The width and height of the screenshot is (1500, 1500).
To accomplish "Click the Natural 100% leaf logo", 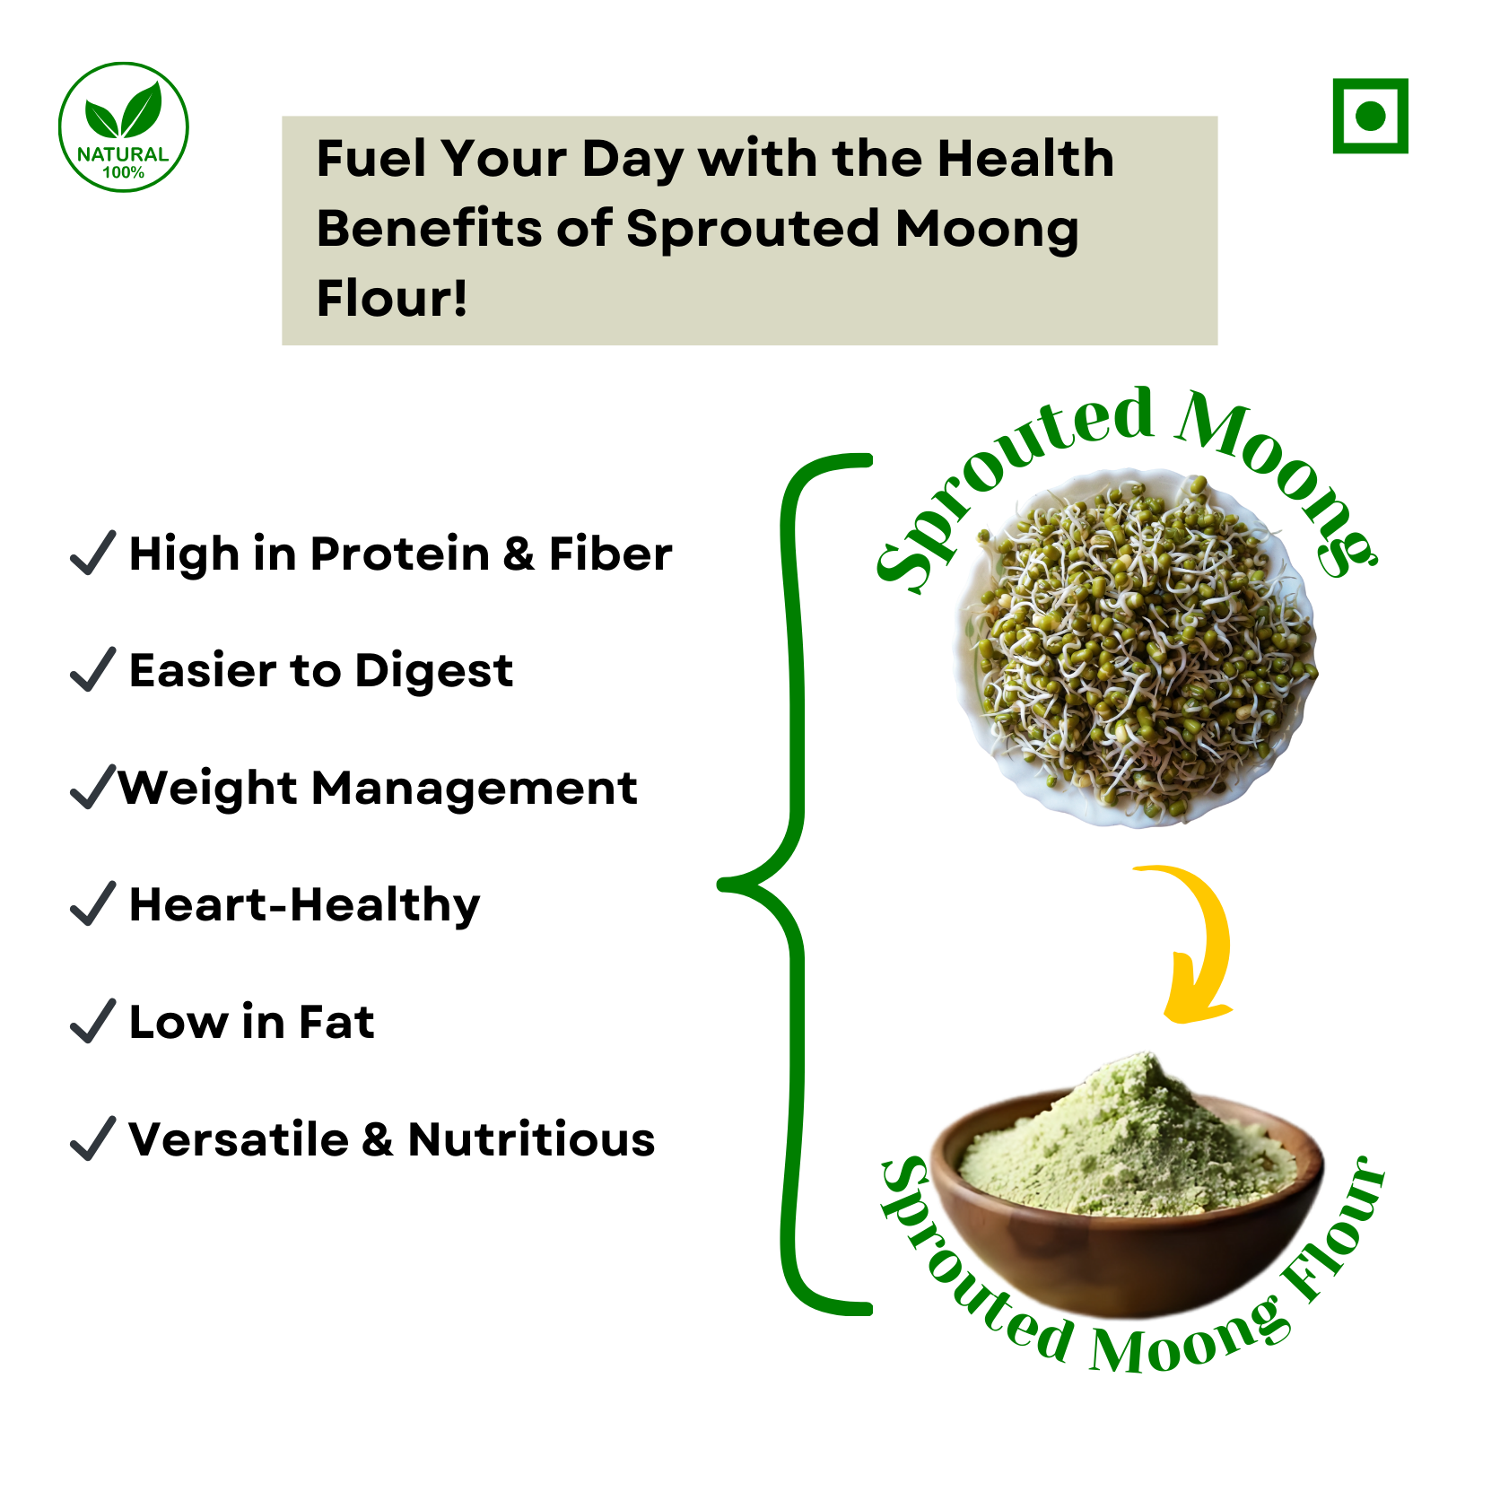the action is coord(124,127).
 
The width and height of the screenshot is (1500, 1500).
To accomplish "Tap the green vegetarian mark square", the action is coord(1370,116).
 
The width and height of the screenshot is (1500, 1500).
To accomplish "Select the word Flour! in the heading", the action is coord(392,298).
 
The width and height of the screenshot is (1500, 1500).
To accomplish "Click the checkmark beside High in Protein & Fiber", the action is coord(92,552).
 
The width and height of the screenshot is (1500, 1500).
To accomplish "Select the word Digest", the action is coord(434,672).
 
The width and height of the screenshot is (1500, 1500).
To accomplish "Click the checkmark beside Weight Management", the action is coord(92,787).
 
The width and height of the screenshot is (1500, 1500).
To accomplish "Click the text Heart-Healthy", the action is coord(304,905).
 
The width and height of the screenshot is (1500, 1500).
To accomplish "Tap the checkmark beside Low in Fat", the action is coord(92,1021).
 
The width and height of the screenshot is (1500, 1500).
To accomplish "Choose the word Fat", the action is coord(336,1022).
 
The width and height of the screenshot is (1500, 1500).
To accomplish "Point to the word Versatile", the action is coord(239,1139).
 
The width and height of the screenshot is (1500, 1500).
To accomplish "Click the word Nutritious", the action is coord(531,1139).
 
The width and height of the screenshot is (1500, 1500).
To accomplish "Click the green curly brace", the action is coord(793,885).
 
